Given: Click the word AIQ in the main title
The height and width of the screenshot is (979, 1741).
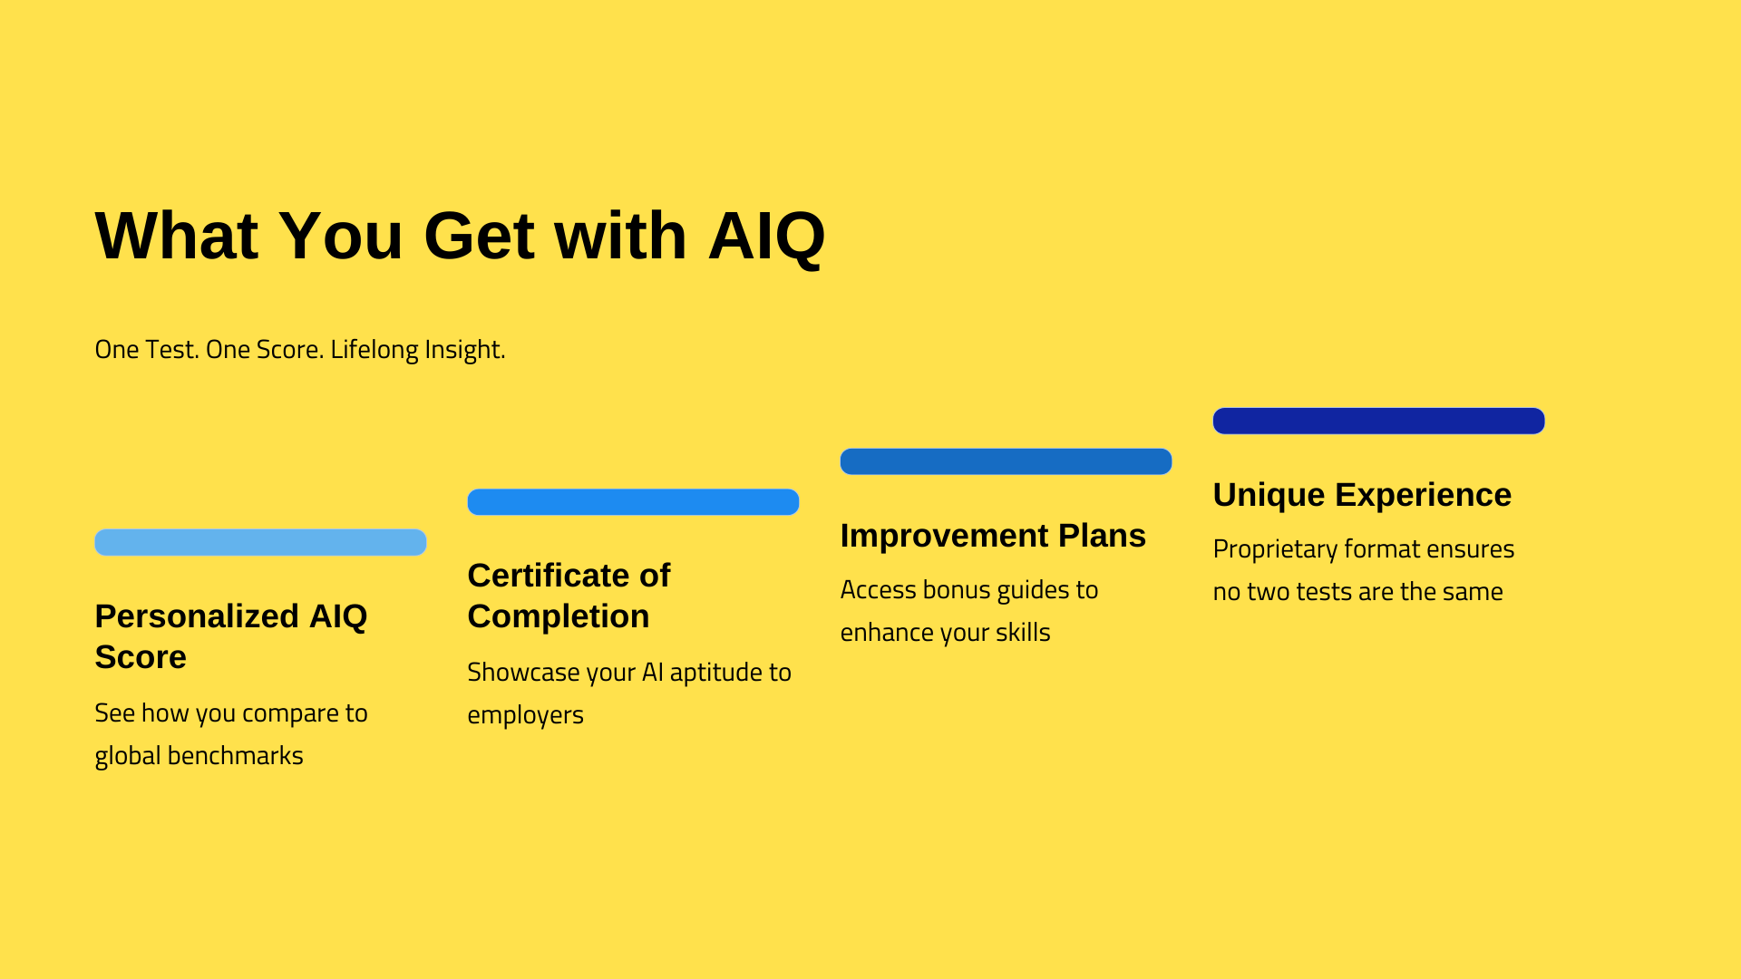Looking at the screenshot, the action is (766, 237).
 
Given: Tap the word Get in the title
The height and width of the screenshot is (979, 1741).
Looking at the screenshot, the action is (479, 237).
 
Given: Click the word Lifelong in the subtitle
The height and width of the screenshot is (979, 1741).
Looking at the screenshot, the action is (369, 349).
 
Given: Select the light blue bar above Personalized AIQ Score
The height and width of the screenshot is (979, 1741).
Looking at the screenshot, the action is (260, 542).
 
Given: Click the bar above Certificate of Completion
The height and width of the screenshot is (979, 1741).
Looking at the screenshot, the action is (633, 502).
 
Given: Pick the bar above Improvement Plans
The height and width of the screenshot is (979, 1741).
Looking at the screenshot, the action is (1006, 461).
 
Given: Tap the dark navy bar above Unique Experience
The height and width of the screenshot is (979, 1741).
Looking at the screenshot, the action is (1378, 421).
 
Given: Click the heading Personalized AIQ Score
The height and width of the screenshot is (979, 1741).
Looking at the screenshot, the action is (231, 636).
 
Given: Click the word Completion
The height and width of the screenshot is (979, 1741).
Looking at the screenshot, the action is (559, 616).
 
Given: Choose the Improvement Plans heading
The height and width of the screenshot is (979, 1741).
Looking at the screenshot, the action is (993, 536).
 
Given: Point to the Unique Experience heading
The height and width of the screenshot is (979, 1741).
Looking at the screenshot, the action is (1362, 495).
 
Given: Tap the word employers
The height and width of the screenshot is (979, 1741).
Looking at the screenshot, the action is (525, 715).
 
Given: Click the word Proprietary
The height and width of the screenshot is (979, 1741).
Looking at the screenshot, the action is (1275, 549).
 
